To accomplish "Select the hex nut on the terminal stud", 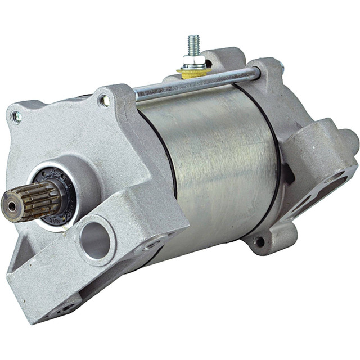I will click(195, 60).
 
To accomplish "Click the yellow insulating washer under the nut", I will click(193, 71).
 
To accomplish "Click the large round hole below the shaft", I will click(94, 240).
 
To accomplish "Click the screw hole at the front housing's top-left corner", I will click(17, 116).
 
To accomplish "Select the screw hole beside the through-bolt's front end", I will click(105, 101).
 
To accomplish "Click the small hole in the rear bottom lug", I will click(260, 242).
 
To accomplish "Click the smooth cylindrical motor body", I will click(214, 163).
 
